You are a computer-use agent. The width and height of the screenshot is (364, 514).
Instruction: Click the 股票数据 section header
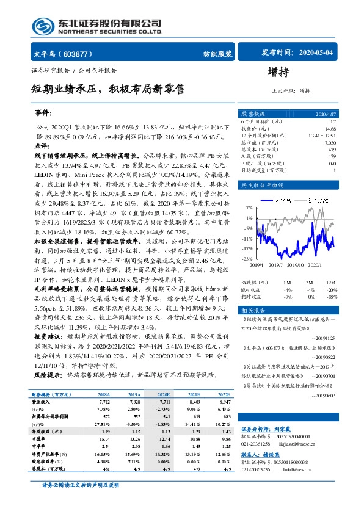coord(252,114)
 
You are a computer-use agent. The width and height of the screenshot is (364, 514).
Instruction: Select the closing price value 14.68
coord(330,129)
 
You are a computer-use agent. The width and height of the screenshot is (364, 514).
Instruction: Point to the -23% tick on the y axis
coord(248,259)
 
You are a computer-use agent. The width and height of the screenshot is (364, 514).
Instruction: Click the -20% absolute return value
coord(331,289)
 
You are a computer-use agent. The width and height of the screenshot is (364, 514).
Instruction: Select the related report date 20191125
coord(324,338)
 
